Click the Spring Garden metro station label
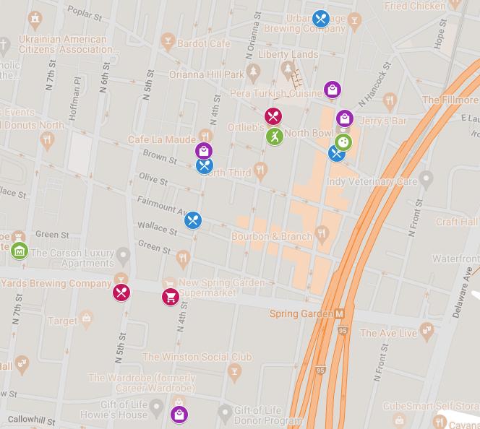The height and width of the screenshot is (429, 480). pyautogui.click(x=301, y=314)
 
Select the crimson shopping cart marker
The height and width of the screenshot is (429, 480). pyautogui.click(x=170, y=296)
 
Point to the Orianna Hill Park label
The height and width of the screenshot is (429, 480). pyautogui.click(x=206, y=74)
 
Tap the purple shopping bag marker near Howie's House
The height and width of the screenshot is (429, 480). pyautogui.click(x=179, y=414)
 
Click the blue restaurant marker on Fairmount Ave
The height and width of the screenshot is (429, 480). pyautogui.click(x=192, y=220)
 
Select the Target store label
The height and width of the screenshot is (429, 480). pyautogui.click(x=63, y=321)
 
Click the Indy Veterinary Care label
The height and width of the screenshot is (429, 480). pyautogui.click(x=372, y=182)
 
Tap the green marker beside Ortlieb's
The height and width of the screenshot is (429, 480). pyautogui.click(x=274, y=136)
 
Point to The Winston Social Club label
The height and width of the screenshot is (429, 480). pyautogui.click(x=197, y=357)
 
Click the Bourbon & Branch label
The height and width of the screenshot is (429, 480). pyautogui.click(x=272, y=236)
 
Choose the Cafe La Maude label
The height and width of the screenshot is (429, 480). pyautogui.click(x=161, y=139)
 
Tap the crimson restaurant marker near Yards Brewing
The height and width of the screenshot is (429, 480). pyautogui.click(x=121, y=292)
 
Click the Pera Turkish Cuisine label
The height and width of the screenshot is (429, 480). pyautogui.click(x=275, y=94)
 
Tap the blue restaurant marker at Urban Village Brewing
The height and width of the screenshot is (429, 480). pyautogui.click(x=321, y=18)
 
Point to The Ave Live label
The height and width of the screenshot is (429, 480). pyautogui.click(x=388, y=333)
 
